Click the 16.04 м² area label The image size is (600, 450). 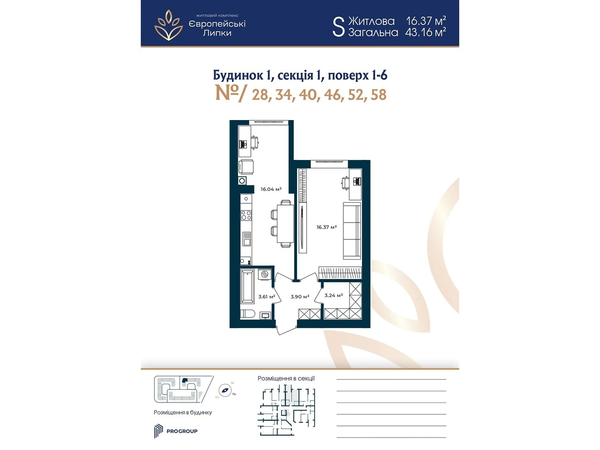[x=271, y=189]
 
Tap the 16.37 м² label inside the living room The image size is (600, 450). [x=326, y=227]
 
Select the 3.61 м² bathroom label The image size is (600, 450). [x=267, y=297]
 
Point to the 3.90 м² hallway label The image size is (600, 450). [x=300, y=297]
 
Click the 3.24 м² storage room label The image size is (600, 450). [x=333, y=295]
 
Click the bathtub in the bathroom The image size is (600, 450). [x=247, y=286]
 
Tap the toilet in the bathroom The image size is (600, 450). [x=247, y=314]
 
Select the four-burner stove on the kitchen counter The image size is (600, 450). [x=246, y=215]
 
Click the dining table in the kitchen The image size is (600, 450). [x=285, y=223]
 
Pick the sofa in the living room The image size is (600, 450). [x=352, y=231]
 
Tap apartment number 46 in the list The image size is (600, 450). [x=332, y=95]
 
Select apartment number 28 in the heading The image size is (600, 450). [x=260, y=95]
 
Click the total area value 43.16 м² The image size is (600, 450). [x=425, y=32]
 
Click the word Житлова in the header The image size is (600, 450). [x=371, y=21]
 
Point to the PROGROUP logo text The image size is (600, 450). [x=182, y=431]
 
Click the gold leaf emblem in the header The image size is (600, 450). [x=169, y=25]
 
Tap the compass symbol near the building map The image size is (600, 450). [x=225, y=390]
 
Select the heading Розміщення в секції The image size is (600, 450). [x=286, y=378]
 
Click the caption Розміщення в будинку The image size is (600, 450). [x=183, y=412]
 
